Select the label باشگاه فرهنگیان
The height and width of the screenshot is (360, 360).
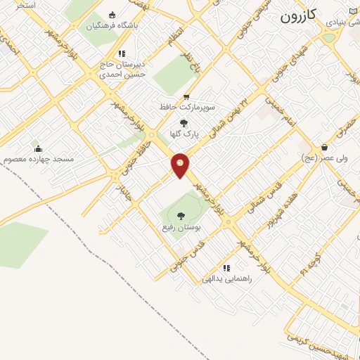point(112,26)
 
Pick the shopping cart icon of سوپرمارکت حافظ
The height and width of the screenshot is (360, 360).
point(186,97)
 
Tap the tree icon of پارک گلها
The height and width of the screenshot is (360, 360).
point(184,123)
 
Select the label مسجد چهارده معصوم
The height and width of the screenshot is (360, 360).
point(39,160)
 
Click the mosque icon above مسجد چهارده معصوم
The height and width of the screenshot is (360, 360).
point(38,148)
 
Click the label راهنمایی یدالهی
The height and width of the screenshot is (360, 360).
point(226,278)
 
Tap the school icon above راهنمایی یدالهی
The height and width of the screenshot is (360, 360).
point(226,268)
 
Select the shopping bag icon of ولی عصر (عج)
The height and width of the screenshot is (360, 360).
point(324,148)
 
